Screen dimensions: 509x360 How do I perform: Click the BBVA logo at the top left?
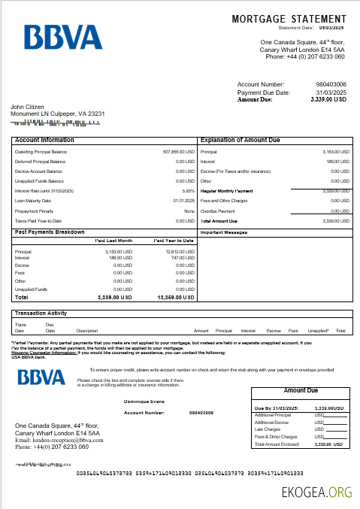pos(62,38)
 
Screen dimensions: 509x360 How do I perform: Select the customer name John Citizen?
pos(28,107)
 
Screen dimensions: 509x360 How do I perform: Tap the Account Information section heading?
pos(44,140)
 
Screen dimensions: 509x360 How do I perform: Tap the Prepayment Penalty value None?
pos(189,211)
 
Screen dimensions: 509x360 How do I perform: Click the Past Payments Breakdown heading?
pos(50,232)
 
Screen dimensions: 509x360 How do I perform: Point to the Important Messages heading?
pos(225,232)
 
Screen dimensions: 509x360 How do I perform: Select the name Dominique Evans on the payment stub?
pos(144,401)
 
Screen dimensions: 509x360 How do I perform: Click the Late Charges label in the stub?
pos(269,429)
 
